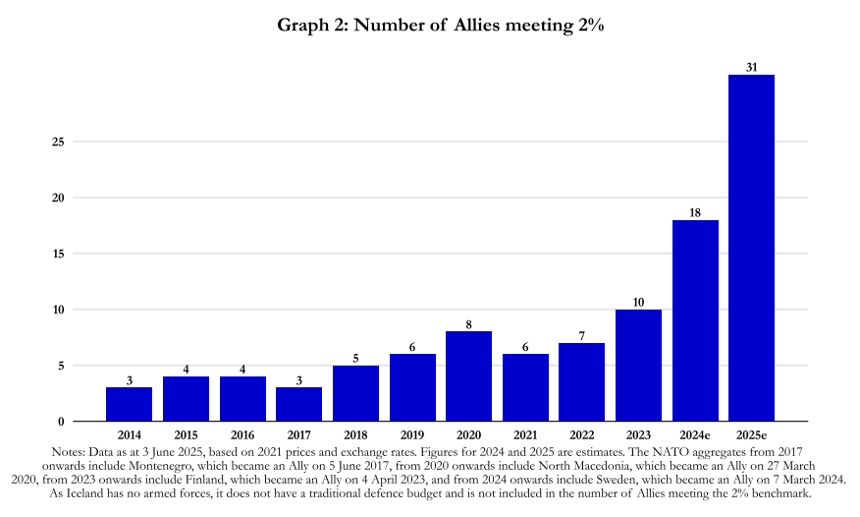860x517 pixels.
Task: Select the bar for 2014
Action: coord(129,404)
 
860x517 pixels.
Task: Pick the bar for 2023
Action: coord(638,366)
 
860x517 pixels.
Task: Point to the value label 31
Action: coord(751,67)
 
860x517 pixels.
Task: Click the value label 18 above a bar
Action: coord(695,212)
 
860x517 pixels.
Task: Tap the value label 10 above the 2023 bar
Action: coord(638,302)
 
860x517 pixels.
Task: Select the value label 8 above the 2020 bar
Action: coord(468,324)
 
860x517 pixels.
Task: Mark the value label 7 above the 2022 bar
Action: coord(581,335)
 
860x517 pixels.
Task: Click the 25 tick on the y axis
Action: coord(59,142)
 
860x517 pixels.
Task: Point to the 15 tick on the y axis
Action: coord(59,254)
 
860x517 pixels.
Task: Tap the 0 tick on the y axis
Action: coord(62,422)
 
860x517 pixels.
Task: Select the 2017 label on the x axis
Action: coord(298,433)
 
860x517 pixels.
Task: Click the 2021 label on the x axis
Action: coord(525,433)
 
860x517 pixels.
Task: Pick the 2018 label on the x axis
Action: coord(355,433)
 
